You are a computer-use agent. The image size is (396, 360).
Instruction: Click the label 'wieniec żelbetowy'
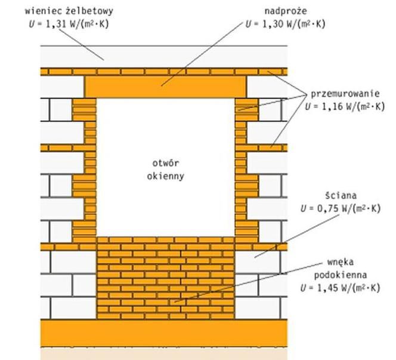pos(69,11)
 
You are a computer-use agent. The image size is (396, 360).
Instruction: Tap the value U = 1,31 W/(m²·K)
pos(69,24)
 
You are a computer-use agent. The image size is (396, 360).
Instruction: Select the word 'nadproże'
pos(286,11)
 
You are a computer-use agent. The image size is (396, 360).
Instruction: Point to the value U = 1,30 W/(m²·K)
pos(286,24)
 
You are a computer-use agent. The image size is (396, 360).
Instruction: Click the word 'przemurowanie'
pos(345,94)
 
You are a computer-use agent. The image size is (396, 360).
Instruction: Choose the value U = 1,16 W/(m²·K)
pos(345,106)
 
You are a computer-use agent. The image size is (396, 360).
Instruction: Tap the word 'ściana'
pos(341,196)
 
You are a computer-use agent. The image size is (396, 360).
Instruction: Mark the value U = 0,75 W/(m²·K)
pos(341,208)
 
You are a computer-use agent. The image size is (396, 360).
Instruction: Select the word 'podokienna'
pos(341,275)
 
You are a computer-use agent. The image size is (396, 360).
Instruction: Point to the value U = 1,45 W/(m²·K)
pos(341,288)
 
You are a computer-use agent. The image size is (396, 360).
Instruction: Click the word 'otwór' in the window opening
pos(166,164)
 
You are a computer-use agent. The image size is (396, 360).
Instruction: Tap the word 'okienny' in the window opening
pos(166,176)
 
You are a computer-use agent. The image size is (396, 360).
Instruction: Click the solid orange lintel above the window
pos(165,87)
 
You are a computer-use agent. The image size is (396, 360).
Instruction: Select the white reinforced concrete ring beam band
pos(164,57)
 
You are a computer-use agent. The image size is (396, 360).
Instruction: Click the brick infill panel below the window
pos(166,278)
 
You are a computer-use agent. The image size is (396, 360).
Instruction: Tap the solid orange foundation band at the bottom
pos(164,333)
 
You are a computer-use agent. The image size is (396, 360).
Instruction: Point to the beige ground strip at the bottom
pos(164,353)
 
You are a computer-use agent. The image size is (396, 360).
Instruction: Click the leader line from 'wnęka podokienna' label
pos(248,282)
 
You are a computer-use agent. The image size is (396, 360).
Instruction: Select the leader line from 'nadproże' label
pos(202,54)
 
